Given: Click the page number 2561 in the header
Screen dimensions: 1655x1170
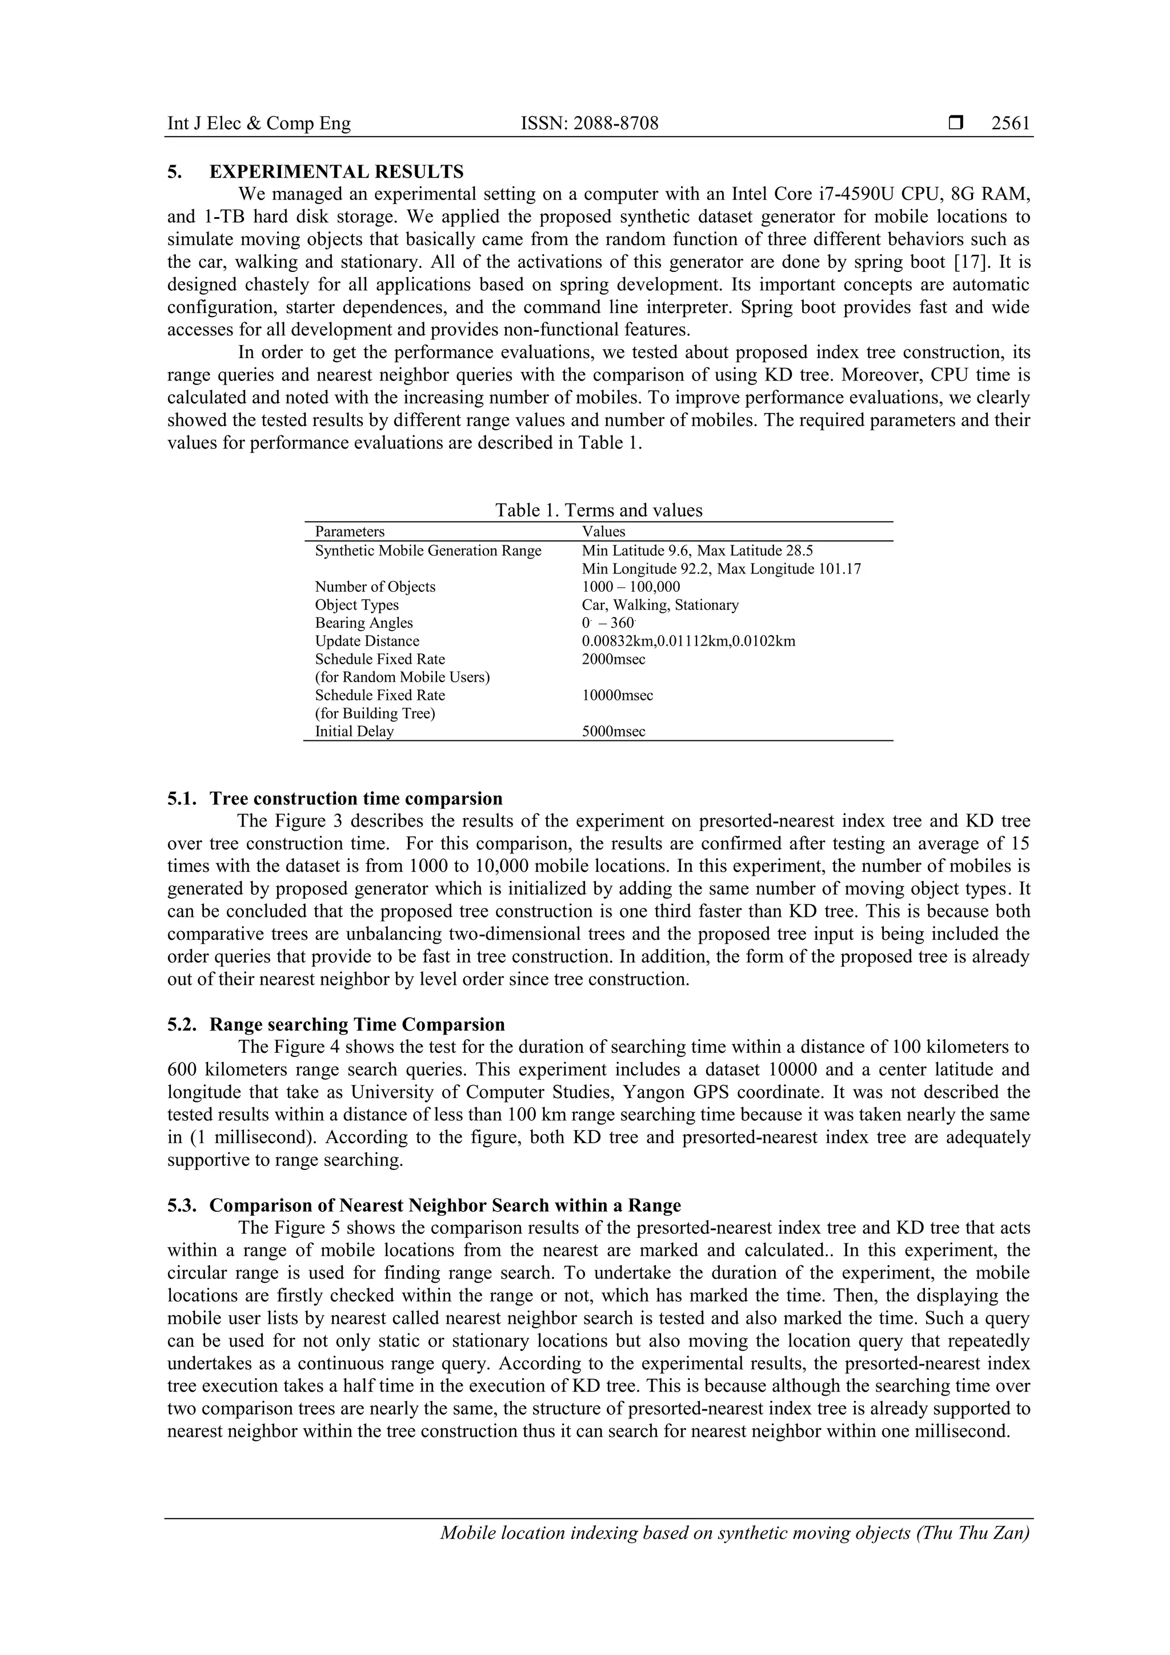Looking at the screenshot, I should point(1010,123).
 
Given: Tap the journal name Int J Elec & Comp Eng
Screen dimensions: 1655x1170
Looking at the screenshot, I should point(259,123).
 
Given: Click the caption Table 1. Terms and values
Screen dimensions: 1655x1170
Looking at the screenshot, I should point(598,510).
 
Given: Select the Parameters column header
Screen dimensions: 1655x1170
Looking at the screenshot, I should point(350,532).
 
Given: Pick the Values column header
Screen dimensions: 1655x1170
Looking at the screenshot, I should point(603,532).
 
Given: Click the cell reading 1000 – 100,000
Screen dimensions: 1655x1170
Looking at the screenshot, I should point(631,587).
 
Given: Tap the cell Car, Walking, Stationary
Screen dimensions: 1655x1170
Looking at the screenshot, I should point(660,605).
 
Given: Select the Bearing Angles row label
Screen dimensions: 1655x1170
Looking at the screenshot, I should point(364,623).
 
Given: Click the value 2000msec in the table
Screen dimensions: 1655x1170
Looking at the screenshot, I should point(614,659).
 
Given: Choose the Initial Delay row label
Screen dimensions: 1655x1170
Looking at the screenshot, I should point(354,732).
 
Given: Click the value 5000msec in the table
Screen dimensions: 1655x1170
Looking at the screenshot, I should point(614,732).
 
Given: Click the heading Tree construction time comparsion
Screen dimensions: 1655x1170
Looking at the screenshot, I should point(356,799).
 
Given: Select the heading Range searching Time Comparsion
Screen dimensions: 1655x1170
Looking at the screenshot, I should point(357,1025).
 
